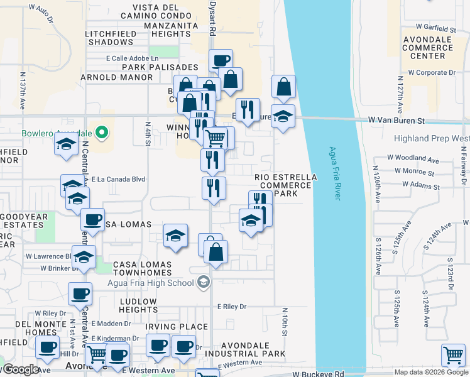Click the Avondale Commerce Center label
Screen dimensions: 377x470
click(427, 47)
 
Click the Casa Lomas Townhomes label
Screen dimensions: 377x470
click(142, 269)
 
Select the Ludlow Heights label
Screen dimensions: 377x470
click(138, 305)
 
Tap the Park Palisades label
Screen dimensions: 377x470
click(160, 67)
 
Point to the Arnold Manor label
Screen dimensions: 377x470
click(117, 77)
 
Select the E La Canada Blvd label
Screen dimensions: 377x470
click(118, 179)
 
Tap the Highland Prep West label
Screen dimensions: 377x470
click(432, 138)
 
